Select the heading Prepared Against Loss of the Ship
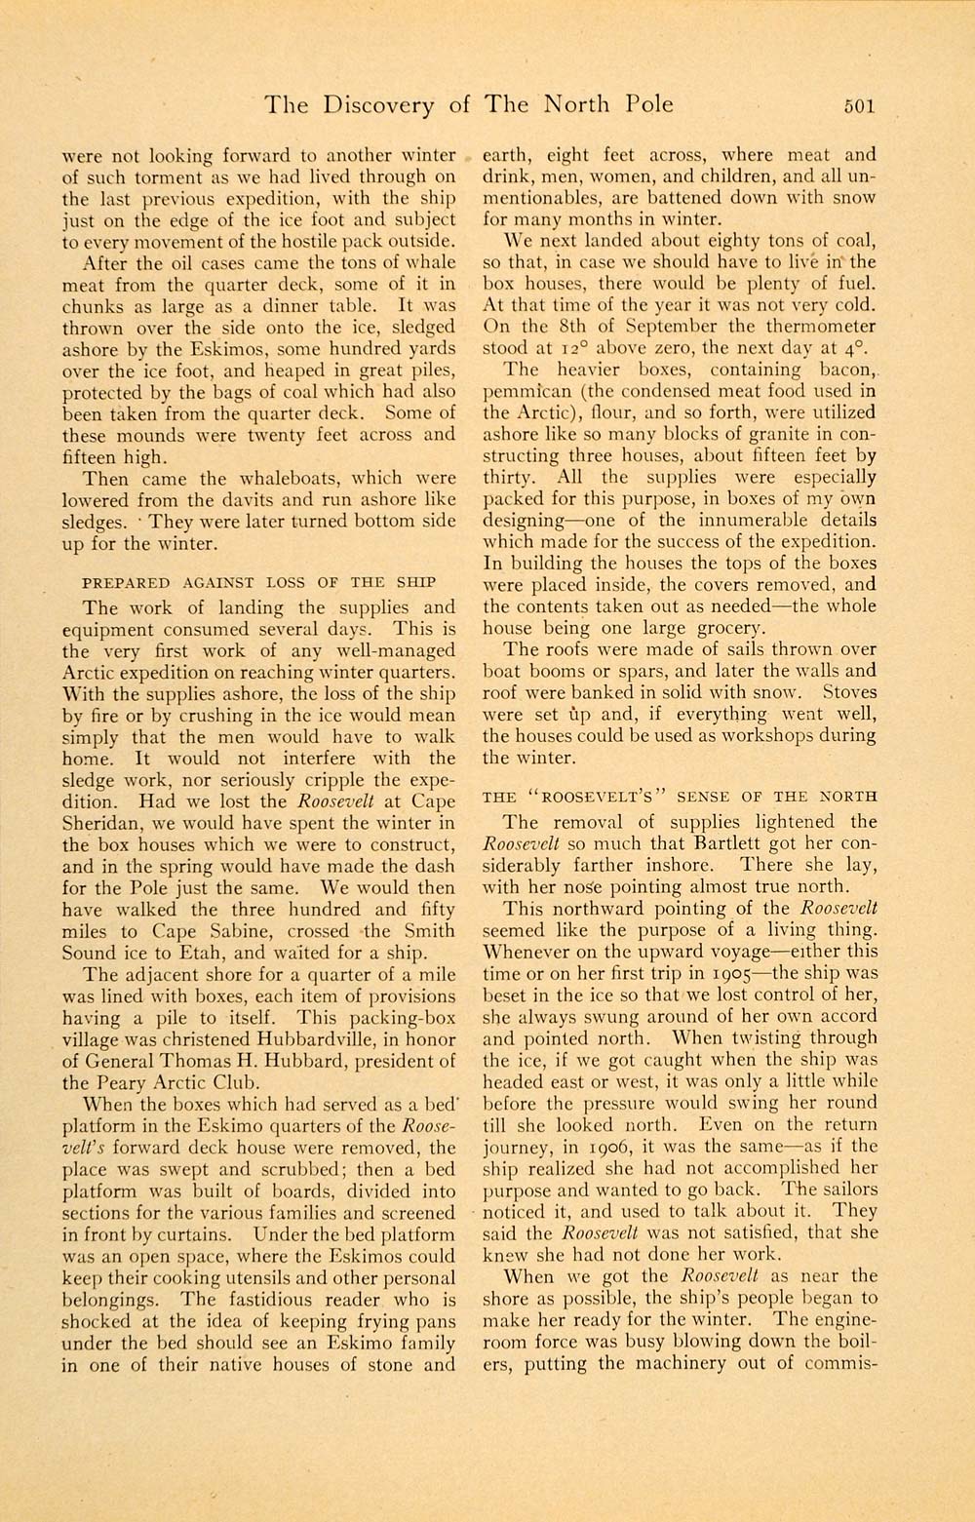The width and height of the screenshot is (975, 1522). click(x=258, y=582)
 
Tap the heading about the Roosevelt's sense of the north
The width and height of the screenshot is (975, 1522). click(x=680, y=796)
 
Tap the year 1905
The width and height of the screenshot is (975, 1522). click(x=751, y=973)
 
